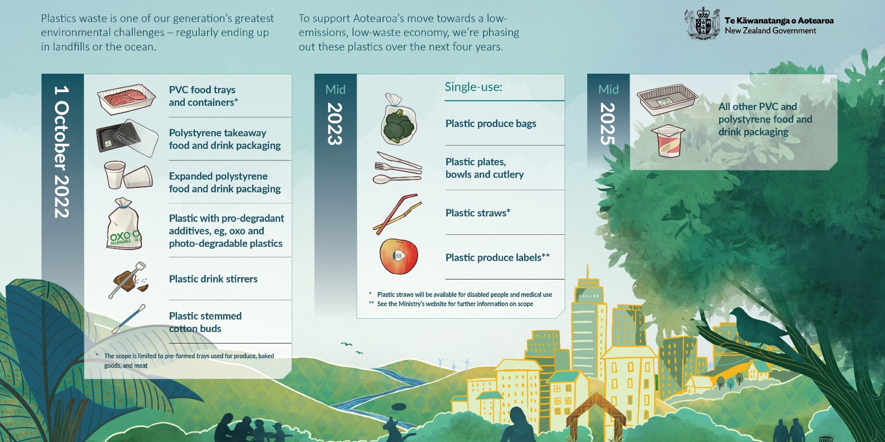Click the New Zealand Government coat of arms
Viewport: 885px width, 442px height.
(x=702, y=23)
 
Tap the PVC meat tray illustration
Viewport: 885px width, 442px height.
(x=126, y=99)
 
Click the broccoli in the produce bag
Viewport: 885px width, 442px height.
(x=399, y=124)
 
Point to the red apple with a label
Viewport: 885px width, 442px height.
(x=399, y=256)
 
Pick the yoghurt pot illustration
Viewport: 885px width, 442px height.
(x=668, y=141)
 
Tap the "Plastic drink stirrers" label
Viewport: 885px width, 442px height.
(x=213, y=279)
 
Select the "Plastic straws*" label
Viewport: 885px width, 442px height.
(x=478, y=213)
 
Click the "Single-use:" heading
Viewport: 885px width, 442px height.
(x=473, y=87)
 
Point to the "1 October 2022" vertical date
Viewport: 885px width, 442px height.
(x=62, y=151)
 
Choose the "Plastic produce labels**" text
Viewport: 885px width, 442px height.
(x=497, y=257)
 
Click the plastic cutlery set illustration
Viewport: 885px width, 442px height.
(x=397, y=168)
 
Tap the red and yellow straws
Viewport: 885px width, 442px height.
(x=397, y=215)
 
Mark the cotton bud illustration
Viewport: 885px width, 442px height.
(x=129, y=319)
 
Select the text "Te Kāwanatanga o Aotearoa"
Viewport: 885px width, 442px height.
(x=779, y=20)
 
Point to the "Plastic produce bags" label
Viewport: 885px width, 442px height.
(x=491, y=123)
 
